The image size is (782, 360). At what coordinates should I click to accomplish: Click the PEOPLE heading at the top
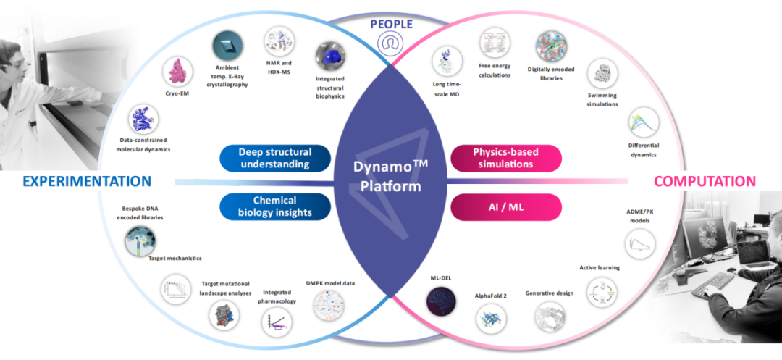[391, 23]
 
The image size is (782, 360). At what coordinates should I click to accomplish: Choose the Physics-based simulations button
[506, 158]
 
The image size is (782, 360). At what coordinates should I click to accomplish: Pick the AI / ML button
[506, 206]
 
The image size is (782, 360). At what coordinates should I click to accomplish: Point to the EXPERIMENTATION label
[87, 181]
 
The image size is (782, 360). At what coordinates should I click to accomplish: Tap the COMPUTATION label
[705, 181]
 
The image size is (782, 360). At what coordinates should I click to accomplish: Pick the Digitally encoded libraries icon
[551, 46]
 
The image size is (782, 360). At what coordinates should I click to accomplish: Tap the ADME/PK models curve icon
[639, 242]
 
